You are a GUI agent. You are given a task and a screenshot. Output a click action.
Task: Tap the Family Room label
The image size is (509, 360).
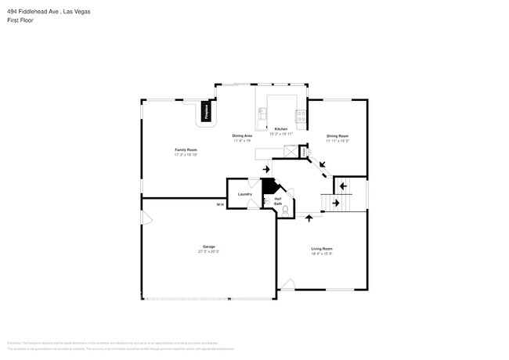(x=186, y=149)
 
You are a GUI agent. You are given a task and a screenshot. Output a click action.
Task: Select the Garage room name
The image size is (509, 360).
(x=208, y=247)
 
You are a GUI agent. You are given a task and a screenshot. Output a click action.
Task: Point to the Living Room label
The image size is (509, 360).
(x=322, y=249)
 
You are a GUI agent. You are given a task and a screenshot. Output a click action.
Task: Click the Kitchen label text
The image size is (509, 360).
(x=280, y=128)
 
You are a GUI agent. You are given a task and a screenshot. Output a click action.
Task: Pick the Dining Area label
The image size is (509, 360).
(x=242, y=135)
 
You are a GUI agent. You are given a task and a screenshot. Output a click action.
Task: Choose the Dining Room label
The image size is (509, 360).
(x=338, y=135)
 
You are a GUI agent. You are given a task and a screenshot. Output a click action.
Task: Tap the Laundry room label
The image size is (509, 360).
(x=244, y=193)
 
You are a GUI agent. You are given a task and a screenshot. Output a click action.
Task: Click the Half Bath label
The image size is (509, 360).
(x=278, y=201)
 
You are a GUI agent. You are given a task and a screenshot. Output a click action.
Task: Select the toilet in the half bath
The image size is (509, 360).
(x=286, y=210)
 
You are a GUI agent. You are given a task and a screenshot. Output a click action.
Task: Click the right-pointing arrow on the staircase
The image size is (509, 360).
(x=335, y=203)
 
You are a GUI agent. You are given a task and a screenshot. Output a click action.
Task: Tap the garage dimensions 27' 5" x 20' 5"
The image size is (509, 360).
(x=208, y=252)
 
